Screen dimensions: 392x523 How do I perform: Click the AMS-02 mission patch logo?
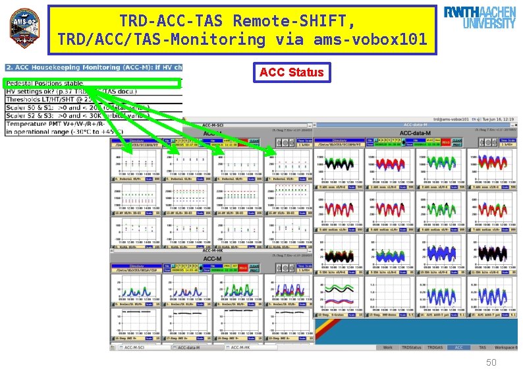coord(24,28)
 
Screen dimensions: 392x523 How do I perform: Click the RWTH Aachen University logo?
coord(479,18)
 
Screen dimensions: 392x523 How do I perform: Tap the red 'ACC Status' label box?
coord(292,72)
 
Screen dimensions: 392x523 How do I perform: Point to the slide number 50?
coord(491,363)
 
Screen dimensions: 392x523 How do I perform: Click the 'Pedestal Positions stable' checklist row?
coord(45,83)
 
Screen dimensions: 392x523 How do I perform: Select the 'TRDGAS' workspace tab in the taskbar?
coord(435,347)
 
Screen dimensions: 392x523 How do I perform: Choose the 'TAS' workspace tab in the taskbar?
coord(482,347)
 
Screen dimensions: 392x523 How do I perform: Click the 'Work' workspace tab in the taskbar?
coord(387,347)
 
